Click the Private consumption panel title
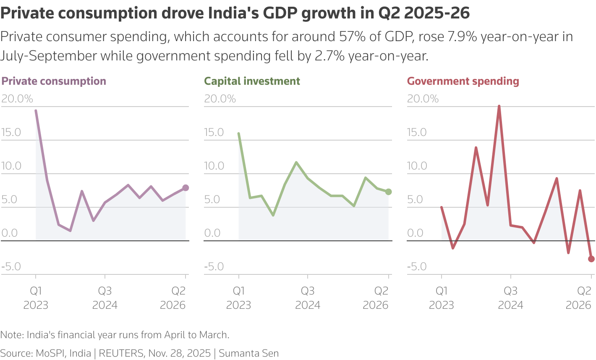point(54,81)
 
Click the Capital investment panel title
point(252,81)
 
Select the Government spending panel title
point(463,81)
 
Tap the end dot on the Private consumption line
point(186,188)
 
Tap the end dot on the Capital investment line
point(388,192)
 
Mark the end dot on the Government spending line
point(591,259)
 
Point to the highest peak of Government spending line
point(499,106)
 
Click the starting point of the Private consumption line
point(36,111)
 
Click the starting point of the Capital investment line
point(239,133)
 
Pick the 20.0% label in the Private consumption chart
point(17,99)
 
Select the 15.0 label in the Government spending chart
point(417,133)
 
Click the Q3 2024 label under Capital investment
point(308,297)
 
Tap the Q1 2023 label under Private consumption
point(36,297)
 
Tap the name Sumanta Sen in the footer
point(249,353)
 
